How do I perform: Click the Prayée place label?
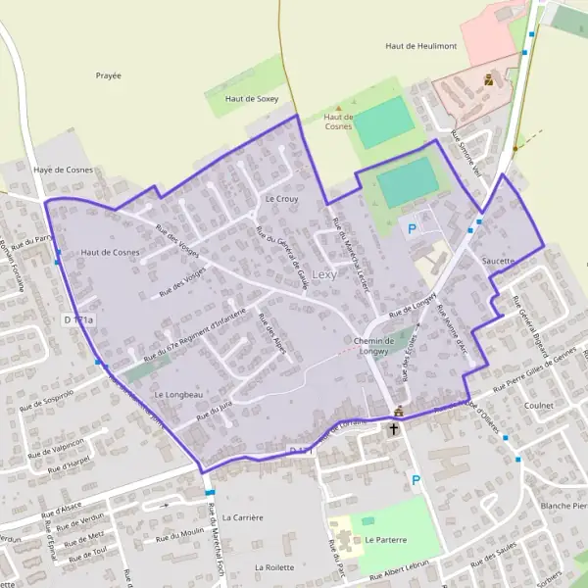pyautogui.click(x=109, y=75)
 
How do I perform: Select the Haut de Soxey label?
pyautogui.click(x=254, y=99)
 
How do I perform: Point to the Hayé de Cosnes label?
pyautogui.click(x=64, y=170)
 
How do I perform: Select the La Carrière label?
pyautogui.click(x=242, y=516)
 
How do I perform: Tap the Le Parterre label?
pyautogui.click(x=385, y=539)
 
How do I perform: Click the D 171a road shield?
pyautogui.click(x=78, y=319)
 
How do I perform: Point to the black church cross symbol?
pyautogui.click(x=394, y=429)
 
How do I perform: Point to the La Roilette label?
pyautogui.click(x=274, y=567)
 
